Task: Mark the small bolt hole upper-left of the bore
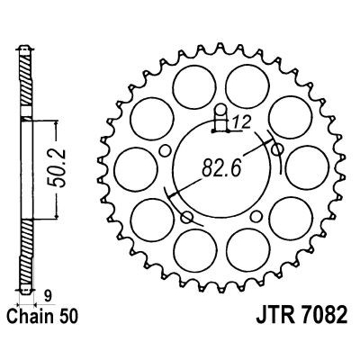click(165, 139)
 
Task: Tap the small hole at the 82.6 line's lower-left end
click(187, 217)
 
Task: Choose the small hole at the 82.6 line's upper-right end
click(278, 148)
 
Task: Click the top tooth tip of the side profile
click(27, 45)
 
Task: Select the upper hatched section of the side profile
click(27, 85)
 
